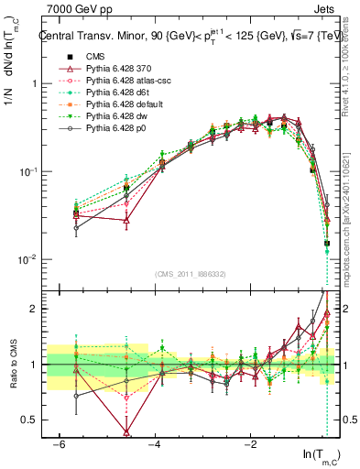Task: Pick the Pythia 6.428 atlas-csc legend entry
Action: [121, 82]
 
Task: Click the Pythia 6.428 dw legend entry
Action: [112, 117]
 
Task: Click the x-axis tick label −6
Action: [58, 443]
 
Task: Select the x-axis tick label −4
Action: [154, 443]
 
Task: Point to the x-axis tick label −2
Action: [250, 443]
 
